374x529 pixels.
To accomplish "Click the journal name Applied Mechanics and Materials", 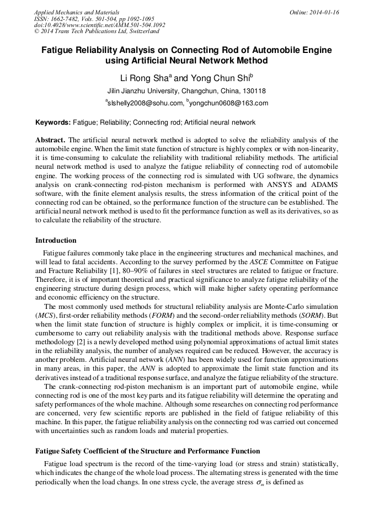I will point(76,12).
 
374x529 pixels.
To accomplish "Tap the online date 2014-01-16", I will point(324,12).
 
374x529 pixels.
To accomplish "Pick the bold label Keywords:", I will point(52,122).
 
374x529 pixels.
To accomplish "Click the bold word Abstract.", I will point(51,140).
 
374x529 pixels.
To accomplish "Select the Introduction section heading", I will point(56,241).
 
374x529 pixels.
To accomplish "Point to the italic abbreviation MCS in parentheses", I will point(44,314).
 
